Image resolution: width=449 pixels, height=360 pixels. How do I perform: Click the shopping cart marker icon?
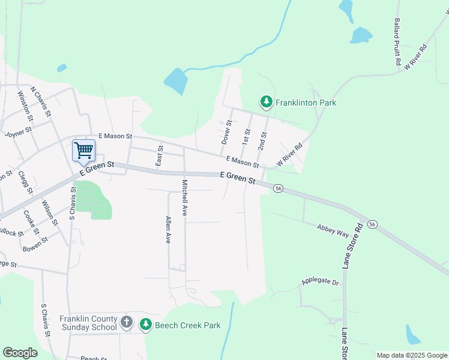click(83, 150)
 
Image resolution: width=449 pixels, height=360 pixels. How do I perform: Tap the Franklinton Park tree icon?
click(266, 103)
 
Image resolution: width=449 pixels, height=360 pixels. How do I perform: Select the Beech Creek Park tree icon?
click(146, 325)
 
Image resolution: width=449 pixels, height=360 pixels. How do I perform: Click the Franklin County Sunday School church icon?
click(126, 322)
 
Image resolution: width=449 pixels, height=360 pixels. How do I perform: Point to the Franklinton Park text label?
click(306, 103)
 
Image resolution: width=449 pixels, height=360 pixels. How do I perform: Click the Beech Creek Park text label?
click(187, 325)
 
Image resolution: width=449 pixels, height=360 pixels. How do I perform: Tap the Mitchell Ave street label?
click(185, 197)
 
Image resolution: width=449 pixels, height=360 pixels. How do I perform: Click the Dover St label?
click(226, 132)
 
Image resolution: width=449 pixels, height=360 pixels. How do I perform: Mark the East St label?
click(160, 155)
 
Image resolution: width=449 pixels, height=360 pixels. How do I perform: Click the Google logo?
click(20, 353)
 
